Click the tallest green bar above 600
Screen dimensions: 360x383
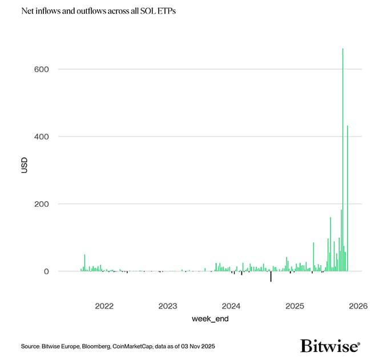coord(342,160)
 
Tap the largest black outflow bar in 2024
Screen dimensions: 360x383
coord(271,276)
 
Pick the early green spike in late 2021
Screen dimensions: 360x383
coord(84,262)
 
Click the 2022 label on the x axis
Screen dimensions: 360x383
coord(104,306)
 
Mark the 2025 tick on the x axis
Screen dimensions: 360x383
coord(295,306)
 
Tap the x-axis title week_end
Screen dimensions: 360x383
coord(210,319)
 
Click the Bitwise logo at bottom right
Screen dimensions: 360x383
coord(330,346)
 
